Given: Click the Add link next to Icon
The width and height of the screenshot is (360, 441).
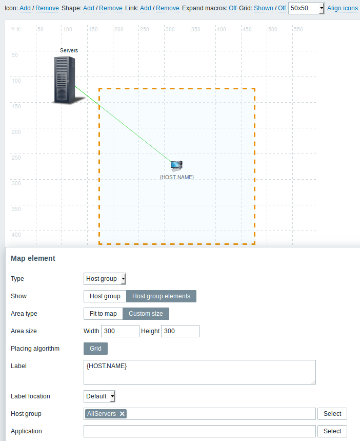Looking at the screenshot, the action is [25, 8].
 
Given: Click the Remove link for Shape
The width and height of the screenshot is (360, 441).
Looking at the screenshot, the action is [111, 8].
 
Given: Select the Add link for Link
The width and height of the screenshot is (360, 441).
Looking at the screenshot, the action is [146, 8].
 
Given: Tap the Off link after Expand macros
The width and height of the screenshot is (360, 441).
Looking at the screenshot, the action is [233, 8].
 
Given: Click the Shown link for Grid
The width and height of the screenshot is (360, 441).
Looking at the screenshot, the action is [264, 8].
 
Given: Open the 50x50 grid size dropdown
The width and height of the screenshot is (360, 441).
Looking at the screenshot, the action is [306, 8].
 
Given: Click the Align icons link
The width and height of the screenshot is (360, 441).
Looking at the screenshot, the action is [343, 8].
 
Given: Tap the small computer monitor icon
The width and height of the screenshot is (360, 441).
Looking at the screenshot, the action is [176, 166].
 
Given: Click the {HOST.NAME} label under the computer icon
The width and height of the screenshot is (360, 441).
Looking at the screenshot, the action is [177, 177].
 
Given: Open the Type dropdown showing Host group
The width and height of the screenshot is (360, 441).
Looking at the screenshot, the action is [105, 279].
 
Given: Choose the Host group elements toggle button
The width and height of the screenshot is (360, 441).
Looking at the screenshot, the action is [162, 296].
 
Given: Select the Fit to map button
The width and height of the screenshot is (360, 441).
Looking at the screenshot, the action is [103, 314].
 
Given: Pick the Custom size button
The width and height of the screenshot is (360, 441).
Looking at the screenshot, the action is [146, 314].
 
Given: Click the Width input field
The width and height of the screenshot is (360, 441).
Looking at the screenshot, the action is [121, 331].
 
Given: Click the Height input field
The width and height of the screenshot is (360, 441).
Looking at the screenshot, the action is [180, 331].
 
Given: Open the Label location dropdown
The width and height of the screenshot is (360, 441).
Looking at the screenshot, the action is [99, 396].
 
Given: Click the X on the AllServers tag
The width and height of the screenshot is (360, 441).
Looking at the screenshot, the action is [122, 414].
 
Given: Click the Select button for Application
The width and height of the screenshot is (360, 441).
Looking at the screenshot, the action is [332, 431].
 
